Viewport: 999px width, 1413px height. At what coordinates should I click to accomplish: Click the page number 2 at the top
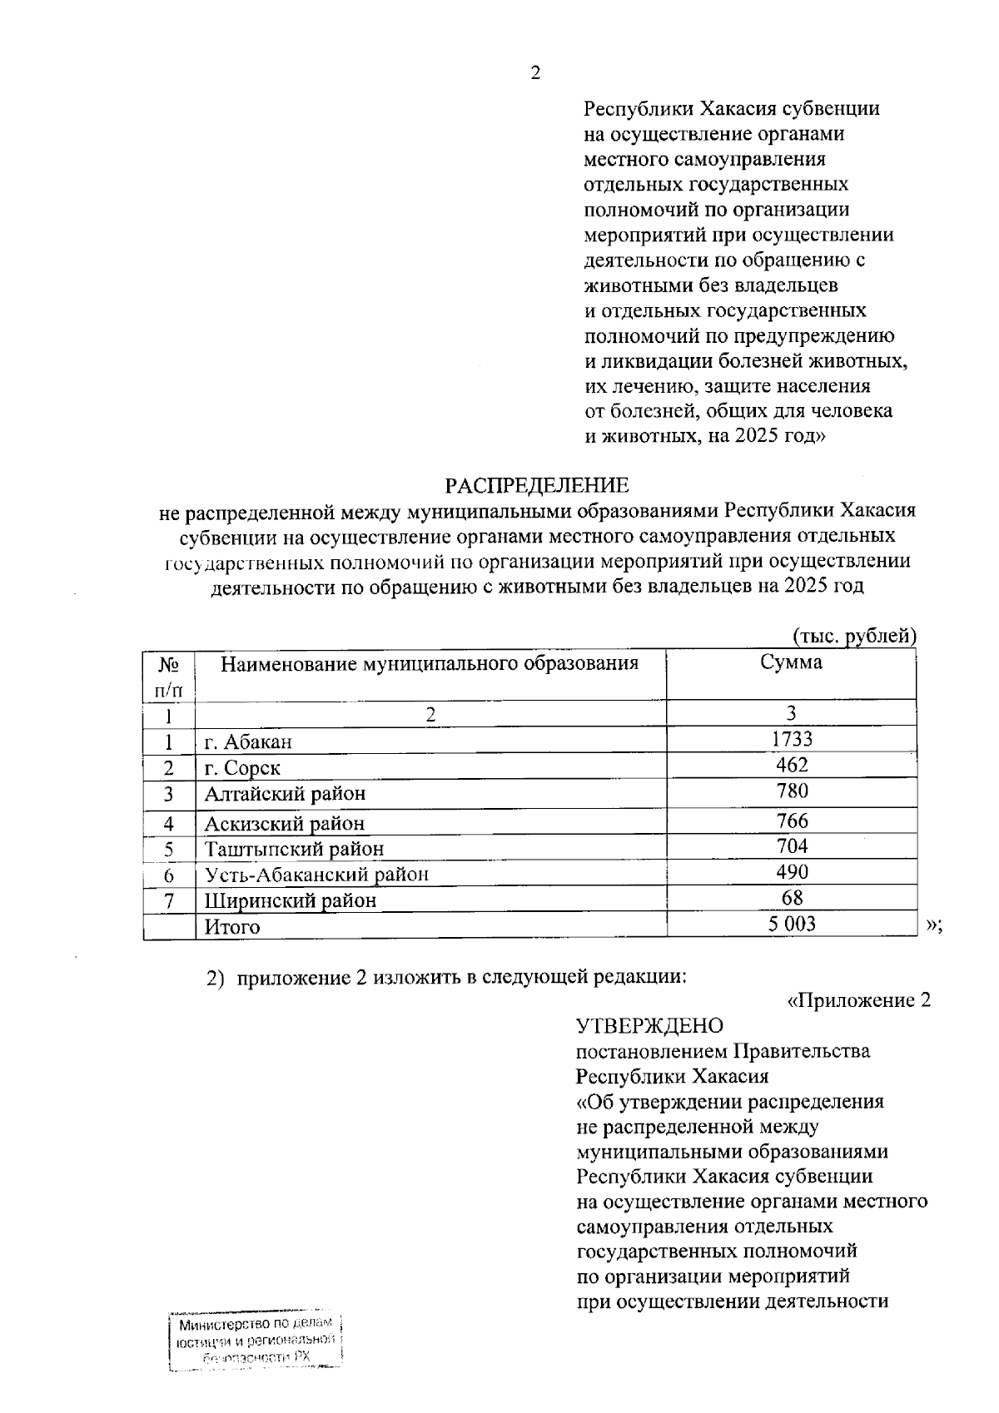click(535, 73)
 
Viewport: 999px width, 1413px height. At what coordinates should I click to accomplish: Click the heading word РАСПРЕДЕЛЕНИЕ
click(537, 485)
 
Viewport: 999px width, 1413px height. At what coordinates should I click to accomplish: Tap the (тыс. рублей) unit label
click(853, 636)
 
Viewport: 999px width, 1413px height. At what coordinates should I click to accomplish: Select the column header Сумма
click(791, 662)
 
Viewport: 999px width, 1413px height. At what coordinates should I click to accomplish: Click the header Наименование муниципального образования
click(430, 663)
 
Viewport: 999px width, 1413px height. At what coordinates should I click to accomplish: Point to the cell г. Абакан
click(248, 741)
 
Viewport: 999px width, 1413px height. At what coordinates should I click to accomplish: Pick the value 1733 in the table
click(792, 739)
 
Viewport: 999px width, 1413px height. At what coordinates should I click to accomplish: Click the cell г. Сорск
click(242, 768)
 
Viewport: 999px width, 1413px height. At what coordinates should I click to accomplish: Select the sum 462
click(792, 765)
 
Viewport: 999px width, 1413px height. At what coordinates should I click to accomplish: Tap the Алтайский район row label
click(285, 794)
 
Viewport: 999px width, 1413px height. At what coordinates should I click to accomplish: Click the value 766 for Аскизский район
click(792, 821)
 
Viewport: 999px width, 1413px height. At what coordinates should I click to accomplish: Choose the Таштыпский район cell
click(294, 850)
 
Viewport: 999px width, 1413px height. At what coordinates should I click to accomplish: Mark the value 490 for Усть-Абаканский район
click(792, 872)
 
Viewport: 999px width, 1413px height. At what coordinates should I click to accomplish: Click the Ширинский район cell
click(290, 900)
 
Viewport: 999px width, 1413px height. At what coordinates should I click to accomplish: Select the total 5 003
click(792, 924)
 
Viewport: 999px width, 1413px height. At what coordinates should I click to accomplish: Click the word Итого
click(232, 927)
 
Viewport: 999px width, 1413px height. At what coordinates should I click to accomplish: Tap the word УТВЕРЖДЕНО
click(650, 1025)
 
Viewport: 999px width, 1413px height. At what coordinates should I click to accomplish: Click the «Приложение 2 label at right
click(858, 1000)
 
